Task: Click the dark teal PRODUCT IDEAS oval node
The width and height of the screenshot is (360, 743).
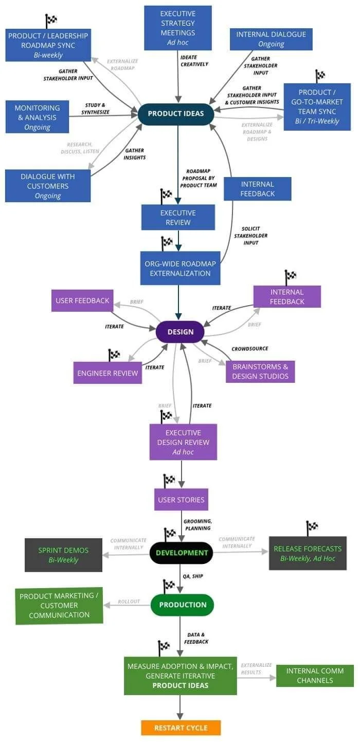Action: [176, 114]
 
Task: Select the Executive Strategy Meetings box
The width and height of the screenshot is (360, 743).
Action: [178, 28]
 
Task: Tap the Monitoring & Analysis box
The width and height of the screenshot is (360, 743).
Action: [37, 117]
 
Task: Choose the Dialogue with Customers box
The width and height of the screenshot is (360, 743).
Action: [48, 186]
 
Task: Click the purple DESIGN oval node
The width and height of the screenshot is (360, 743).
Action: [181, 332]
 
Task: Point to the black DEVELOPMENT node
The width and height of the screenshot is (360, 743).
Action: [182, 553]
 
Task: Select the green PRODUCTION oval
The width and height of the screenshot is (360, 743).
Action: [182, 605]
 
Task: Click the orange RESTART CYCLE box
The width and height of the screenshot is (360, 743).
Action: [181, 728]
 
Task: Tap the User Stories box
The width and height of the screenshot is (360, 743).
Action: [181, 500]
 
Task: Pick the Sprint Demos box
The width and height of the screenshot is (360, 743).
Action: [63, 555]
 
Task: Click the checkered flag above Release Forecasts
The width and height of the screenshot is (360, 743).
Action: [312, 528]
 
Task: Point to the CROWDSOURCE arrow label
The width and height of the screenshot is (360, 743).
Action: [250, 348]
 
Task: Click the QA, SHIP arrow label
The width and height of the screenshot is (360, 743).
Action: [193, 576]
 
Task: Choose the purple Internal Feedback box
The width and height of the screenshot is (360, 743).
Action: [287, 296]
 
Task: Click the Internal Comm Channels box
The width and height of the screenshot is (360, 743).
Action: [315, 676]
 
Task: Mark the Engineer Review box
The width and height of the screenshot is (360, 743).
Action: [107, 373]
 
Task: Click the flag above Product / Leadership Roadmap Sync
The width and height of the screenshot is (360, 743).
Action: [51, 21]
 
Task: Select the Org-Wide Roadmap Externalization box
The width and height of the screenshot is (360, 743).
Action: [180, 268]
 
